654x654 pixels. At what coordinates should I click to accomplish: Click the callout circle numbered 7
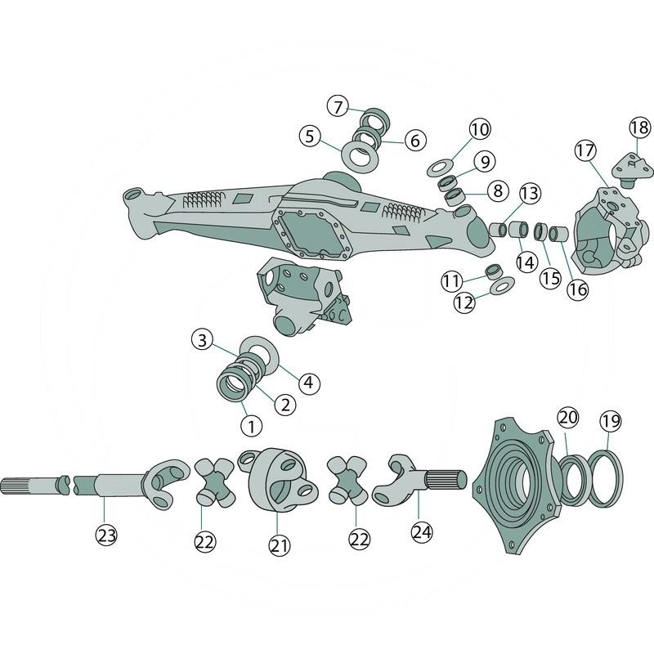[338, 106]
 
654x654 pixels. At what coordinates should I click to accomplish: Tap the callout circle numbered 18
[639, 128]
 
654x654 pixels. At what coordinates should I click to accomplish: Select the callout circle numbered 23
[106, 535]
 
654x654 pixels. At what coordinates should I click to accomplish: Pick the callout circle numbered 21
[279, 545]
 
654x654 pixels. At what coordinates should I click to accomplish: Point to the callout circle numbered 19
[610, 421]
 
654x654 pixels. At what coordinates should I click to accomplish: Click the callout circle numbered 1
[252, 426]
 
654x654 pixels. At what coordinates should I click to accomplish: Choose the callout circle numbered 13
[530, 193]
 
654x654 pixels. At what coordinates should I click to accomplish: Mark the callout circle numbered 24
[422, 532]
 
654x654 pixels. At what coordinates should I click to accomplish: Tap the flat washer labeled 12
[501, 285]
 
